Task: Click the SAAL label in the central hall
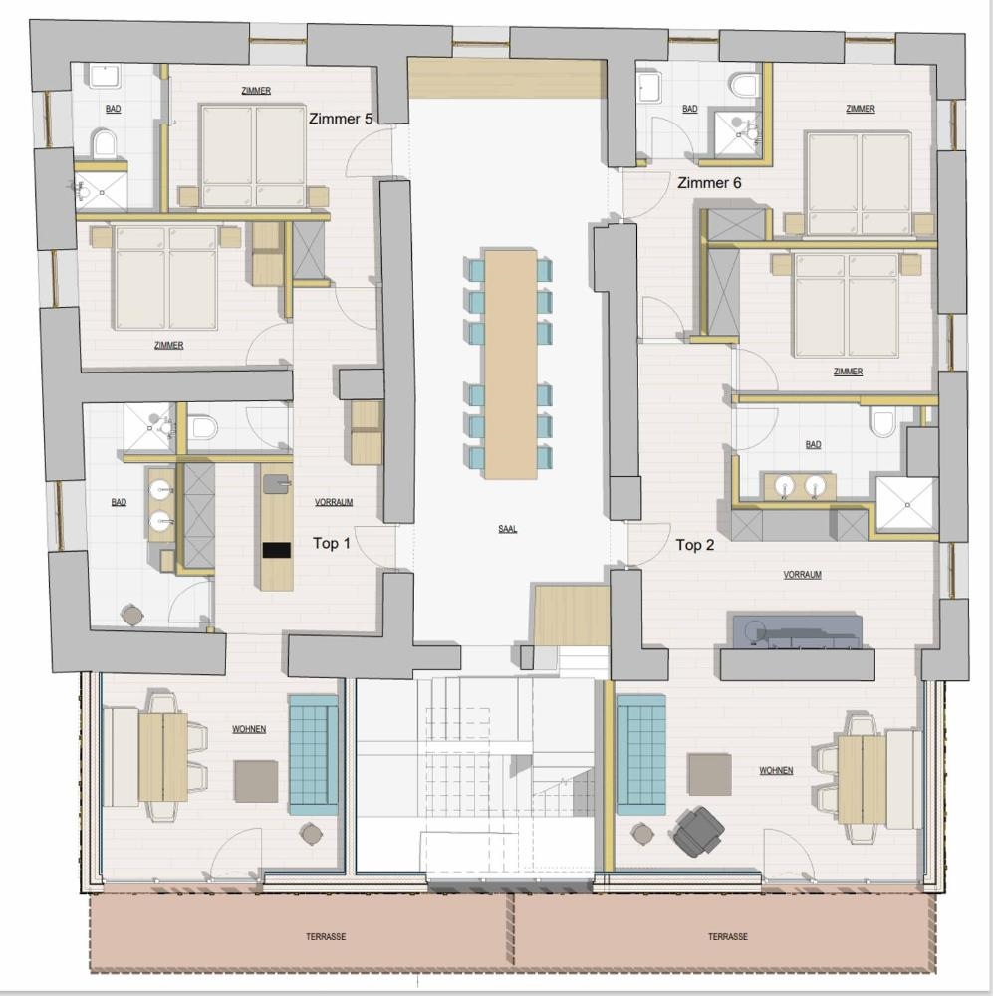[507, 529]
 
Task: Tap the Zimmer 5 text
[341, 119]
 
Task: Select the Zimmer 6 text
[709, 183]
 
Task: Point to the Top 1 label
[331, 543]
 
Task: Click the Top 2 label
[695, 545]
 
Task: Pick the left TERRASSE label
[326, 937]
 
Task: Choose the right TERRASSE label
[728, 937]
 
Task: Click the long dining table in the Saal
[511, 364]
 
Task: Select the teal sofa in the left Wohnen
[313, 755]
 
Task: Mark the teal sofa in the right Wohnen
[641, 755]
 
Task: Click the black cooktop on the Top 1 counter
[276, 550]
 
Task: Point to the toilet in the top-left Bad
[103, 143]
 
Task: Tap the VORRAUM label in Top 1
[334, 502]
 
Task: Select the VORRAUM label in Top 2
[803, 575]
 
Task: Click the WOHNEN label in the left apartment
[249, 729]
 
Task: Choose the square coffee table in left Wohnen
[256, 781]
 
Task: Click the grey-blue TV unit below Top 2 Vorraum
[798, 631]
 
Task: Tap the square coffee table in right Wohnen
[710, 774]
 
